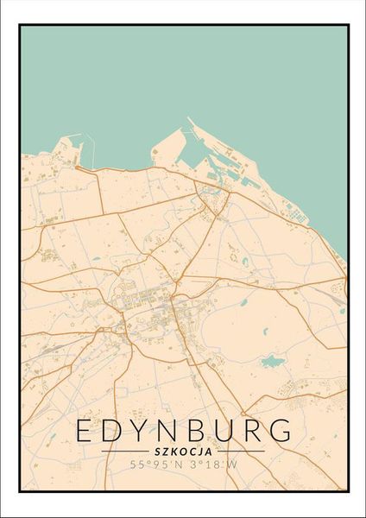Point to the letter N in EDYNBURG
point(173,430)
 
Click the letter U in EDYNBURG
point(229,430)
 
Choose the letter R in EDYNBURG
point(256,430)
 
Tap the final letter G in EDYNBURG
point(283,430)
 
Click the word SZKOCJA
point(183,451)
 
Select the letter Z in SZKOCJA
point(168,451)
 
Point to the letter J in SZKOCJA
point(199,451)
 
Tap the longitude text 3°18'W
point(208,466)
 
